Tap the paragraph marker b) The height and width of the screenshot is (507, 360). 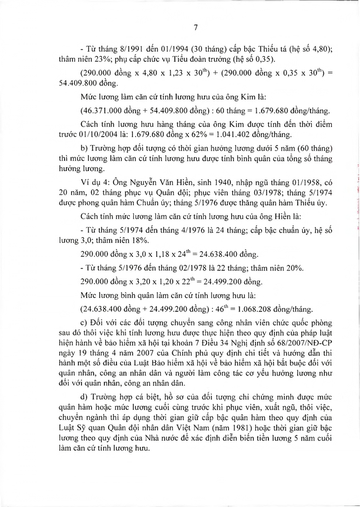[x=85, y=147]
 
